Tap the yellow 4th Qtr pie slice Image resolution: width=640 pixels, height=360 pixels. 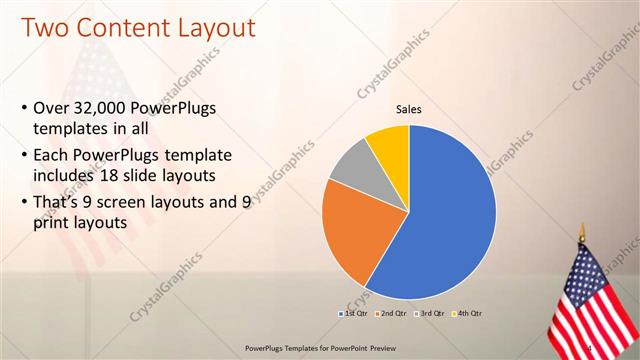point(387,146)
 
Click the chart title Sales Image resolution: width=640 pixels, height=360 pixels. point(409,109)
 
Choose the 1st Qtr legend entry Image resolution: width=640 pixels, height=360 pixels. point(354,314)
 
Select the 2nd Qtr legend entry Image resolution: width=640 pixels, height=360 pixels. point(392,314)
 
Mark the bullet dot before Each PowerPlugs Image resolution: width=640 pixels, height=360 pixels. point(23,156)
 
